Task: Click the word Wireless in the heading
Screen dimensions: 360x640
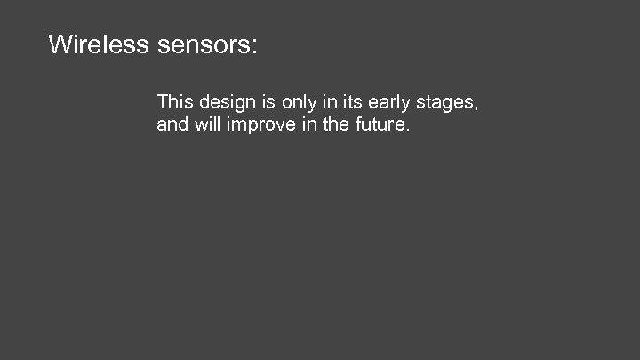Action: [98, 44]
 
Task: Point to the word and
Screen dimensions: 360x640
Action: [172, 125]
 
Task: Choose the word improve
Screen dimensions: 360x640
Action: [260, 126]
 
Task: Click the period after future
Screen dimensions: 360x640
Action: [408, 131]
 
